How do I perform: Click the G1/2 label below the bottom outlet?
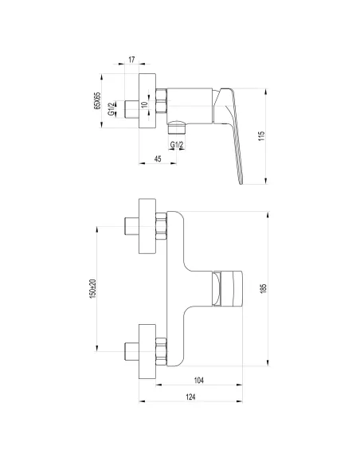[x=177, y=145]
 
